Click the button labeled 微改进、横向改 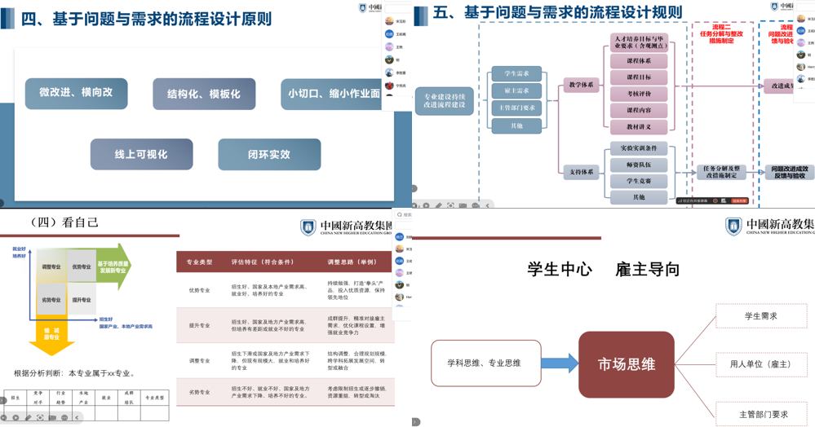[x=76, y=93]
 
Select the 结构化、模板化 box [x=204, y=94]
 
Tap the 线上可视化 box [x=141, y=154]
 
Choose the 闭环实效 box [x=269, y=154]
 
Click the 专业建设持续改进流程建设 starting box [x=445, y=100]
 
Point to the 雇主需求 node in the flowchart [x=516, y=90]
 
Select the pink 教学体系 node [x=581, y=85]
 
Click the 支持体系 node [x=581, y=172]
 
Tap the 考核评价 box [x=639, y=94]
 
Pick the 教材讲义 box [x=639, y=127]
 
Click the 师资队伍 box [x=639, y=165]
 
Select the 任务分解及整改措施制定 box [x=720, y=172]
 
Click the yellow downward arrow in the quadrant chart [x=51, y=336]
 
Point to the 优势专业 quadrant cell [x=82, y=266]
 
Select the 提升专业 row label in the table [x=199, y=325]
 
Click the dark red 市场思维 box [x=627, y=364]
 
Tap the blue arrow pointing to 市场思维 [x=560, y=363]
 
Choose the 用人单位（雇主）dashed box [x=761, y=364]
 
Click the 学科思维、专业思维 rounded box [x=485, y=363]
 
